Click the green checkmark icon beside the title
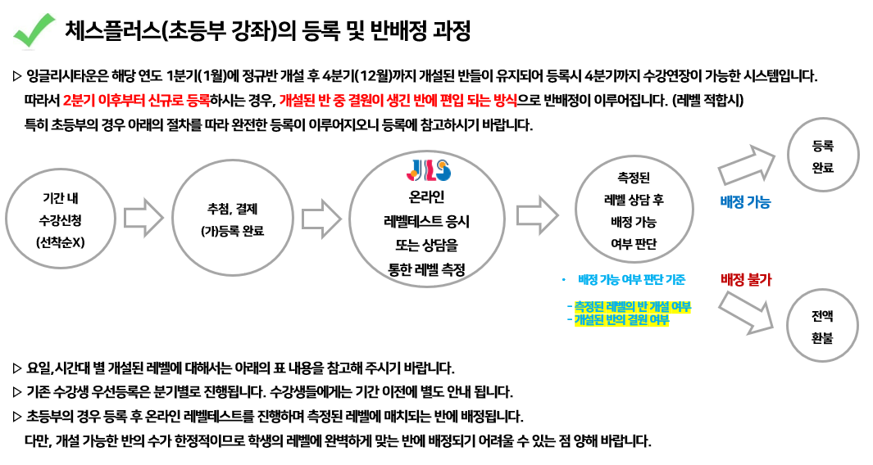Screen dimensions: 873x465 click(34, 30)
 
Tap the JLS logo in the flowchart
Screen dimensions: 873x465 click(428, 170)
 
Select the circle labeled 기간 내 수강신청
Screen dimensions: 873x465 click(61, 219)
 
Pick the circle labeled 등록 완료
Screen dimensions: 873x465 click(822, 155)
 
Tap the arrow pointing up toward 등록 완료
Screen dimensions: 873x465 click(747, 165)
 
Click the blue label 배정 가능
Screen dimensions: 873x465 click(745, 202)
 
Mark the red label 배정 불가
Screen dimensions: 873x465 click(745, 279)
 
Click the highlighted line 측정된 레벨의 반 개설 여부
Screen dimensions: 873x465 click(630, 306)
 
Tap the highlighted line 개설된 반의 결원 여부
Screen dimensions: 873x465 click(618, 320)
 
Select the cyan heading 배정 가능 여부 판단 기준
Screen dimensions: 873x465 click(631, 280)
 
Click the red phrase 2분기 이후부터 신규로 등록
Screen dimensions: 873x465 click(136, 101)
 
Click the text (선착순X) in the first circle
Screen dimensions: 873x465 click(60, 242)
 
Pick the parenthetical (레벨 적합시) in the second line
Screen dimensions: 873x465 click(707, 101)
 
